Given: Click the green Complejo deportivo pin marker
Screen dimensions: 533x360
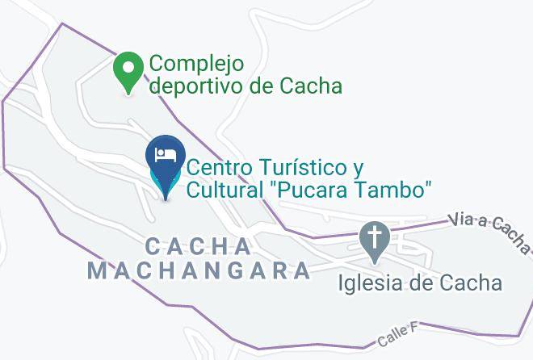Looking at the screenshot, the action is [128, 72].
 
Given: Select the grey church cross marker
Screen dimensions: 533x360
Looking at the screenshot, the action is [375, 241].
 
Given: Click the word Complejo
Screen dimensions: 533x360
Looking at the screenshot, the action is [196, 63].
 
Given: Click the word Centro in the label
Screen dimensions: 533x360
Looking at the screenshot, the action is [217, 168].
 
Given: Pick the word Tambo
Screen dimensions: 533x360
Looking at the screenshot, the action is [393, 190].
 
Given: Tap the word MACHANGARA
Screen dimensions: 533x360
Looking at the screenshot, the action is [199, 270].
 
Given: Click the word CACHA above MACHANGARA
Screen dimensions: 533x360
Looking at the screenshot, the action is [199, 245].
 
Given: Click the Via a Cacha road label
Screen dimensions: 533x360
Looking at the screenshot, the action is [489, 228].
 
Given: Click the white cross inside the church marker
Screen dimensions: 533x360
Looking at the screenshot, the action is [375, 237].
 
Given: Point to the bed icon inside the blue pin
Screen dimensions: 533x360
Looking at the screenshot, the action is [166, 153].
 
